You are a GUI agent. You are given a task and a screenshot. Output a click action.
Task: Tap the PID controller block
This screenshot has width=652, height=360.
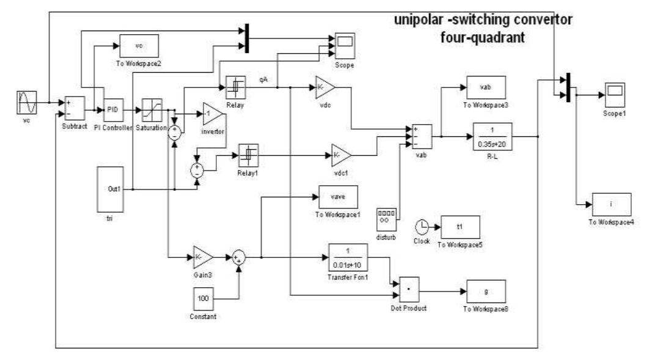[x=113, y=109]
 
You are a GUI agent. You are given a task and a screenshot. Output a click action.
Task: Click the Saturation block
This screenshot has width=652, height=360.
[x=151, y=109]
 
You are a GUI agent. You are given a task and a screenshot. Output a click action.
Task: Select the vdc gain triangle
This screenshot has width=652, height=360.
[x=324, y=87]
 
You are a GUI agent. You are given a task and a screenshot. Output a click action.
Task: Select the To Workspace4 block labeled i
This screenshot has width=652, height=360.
[x=610, y=204]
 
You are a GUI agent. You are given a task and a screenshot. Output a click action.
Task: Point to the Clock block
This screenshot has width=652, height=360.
[x=422, y=227]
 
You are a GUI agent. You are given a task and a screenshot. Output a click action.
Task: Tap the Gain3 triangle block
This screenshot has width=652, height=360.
[x=202, y=257]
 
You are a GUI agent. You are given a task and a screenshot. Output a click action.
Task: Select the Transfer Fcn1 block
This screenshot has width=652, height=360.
[x=349, y=257]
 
